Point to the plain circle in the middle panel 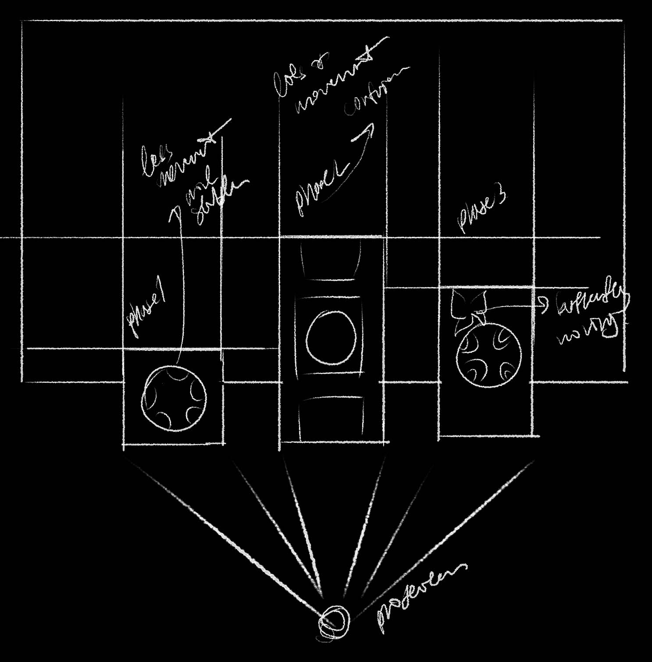click(x=331, y=338)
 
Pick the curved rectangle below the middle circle click(x=331, y=419)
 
